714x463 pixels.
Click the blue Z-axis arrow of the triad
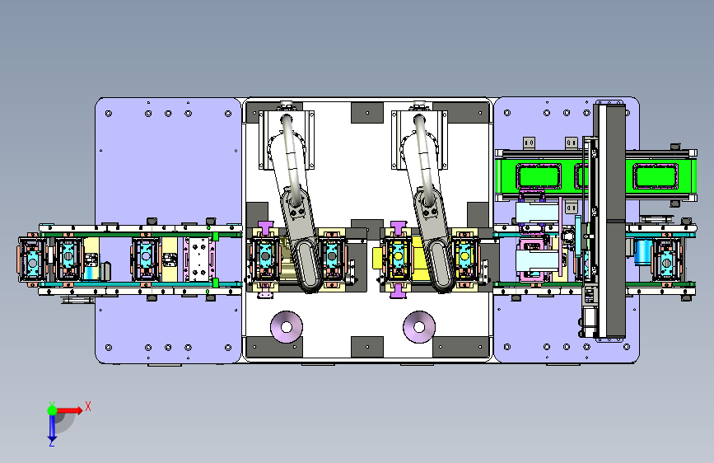tap(52, 427)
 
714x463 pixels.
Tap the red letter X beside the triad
tap(88, 406)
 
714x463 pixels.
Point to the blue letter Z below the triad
tap(51, 442)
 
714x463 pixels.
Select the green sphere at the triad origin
tap(52, 410)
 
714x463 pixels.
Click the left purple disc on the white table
tap(287, 327)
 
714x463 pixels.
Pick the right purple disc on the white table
tap(419, 327)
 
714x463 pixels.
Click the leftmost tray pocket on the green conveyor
tap(538, 176)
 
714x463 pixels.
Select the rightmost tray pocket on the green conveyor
tap(656, 176)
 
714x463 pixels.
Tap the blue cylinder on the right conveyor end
tap(643, 252)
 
